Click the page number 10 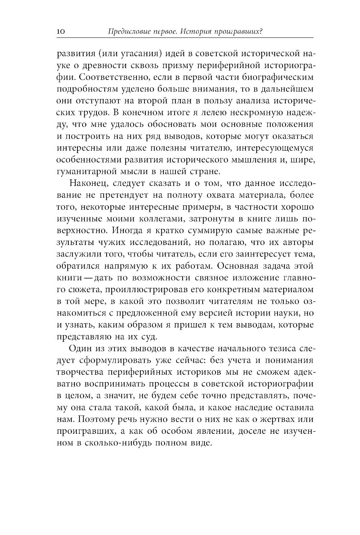(60, 32)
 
